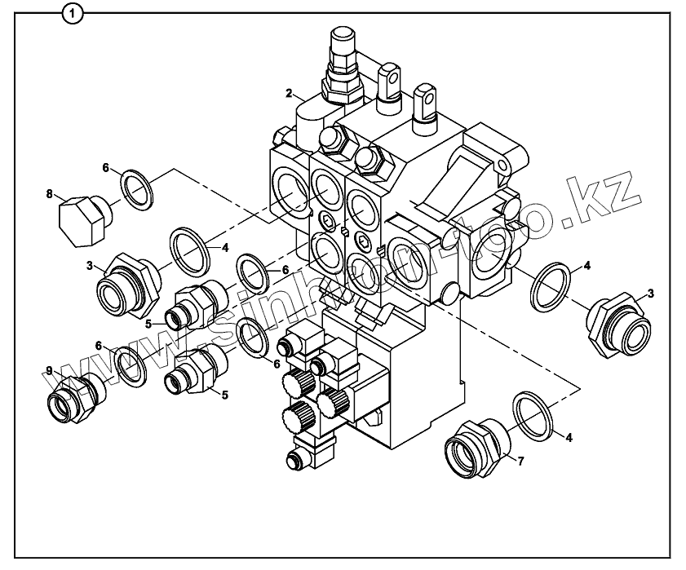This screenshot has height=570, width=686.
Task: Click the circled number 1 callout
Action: point(73,13)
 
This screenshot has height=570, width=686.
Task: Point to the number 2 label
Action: point(289,93)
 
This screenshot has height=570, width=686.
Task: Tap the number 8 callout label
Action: point(50,194)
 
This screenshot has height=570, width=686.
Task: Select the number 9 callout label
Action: point(50,370)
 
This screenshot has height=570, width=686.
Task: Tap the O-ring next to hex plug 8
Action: point(136,190)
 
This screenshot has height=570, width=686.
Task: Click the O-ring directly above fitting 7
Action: point(534,414)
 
